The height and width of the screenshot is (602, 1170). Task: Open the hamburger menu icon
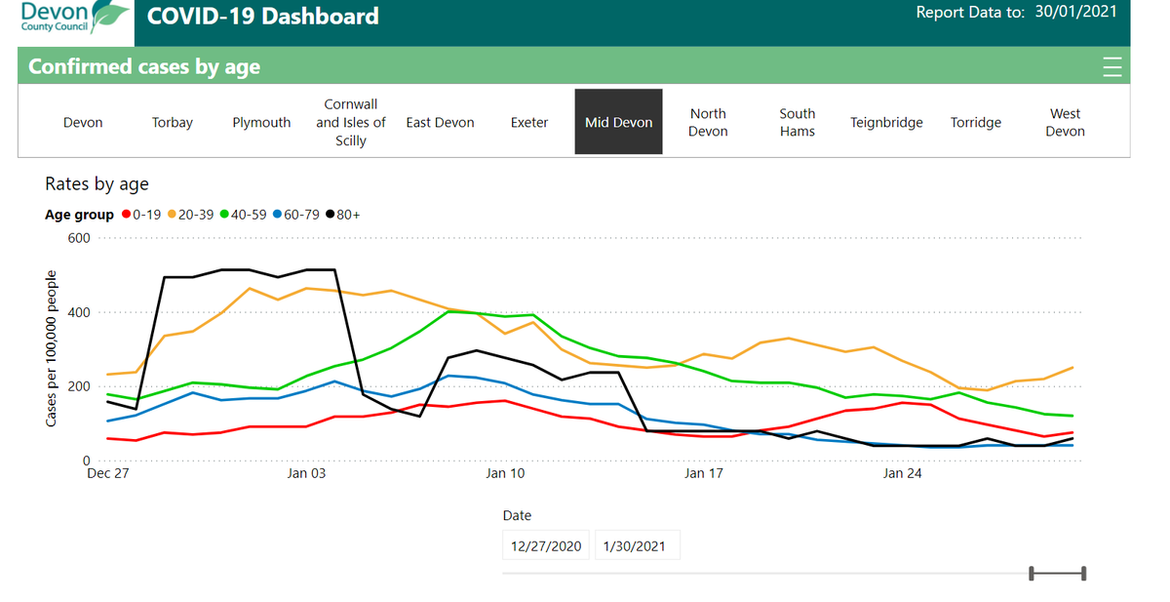[x=1111, y=67]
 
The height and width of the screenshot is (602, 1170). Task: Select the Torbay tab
[x=173, y=122]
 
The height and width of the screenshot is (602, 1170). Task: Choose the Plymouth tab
[x=261, y=122]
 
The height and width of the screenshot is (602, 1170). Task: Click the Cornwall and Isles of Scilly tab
[x=351, y=122]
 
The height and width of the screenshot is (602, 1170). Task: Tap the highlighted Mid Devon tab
[x=618, y=122]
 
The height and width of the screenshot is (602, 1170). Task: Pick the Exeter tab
[x=529, y=122]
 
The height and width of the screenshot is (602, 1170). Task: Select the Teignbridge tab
[x=886, y=122]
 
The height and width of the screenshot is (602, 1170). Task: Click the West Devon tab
[x=1065, y=122]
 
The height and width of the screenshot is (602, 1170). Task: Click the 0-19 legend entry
[x=143, y=215]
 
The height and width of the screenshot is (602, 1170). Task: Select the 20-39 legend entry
[x=195, y=215]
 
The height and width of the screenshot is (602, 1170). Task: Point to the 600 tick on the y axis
[x=79, y=239]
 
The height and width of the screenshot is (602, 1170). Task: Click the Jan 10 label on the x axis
[x=505, y=473]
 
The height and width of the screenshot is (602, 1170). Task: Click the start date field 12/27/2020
[x=546, y=545]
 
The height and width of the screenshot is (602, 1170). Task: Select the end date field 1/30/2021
[x=635, y=545]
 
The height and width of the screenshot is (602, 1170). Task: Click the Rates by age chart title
[x=97, y=183]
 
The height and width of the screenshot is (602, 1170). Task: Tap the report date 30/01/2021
[x=1076, y=13]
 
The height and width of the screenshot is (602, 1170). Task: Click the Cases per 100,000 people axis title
[x=52, y=348]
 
